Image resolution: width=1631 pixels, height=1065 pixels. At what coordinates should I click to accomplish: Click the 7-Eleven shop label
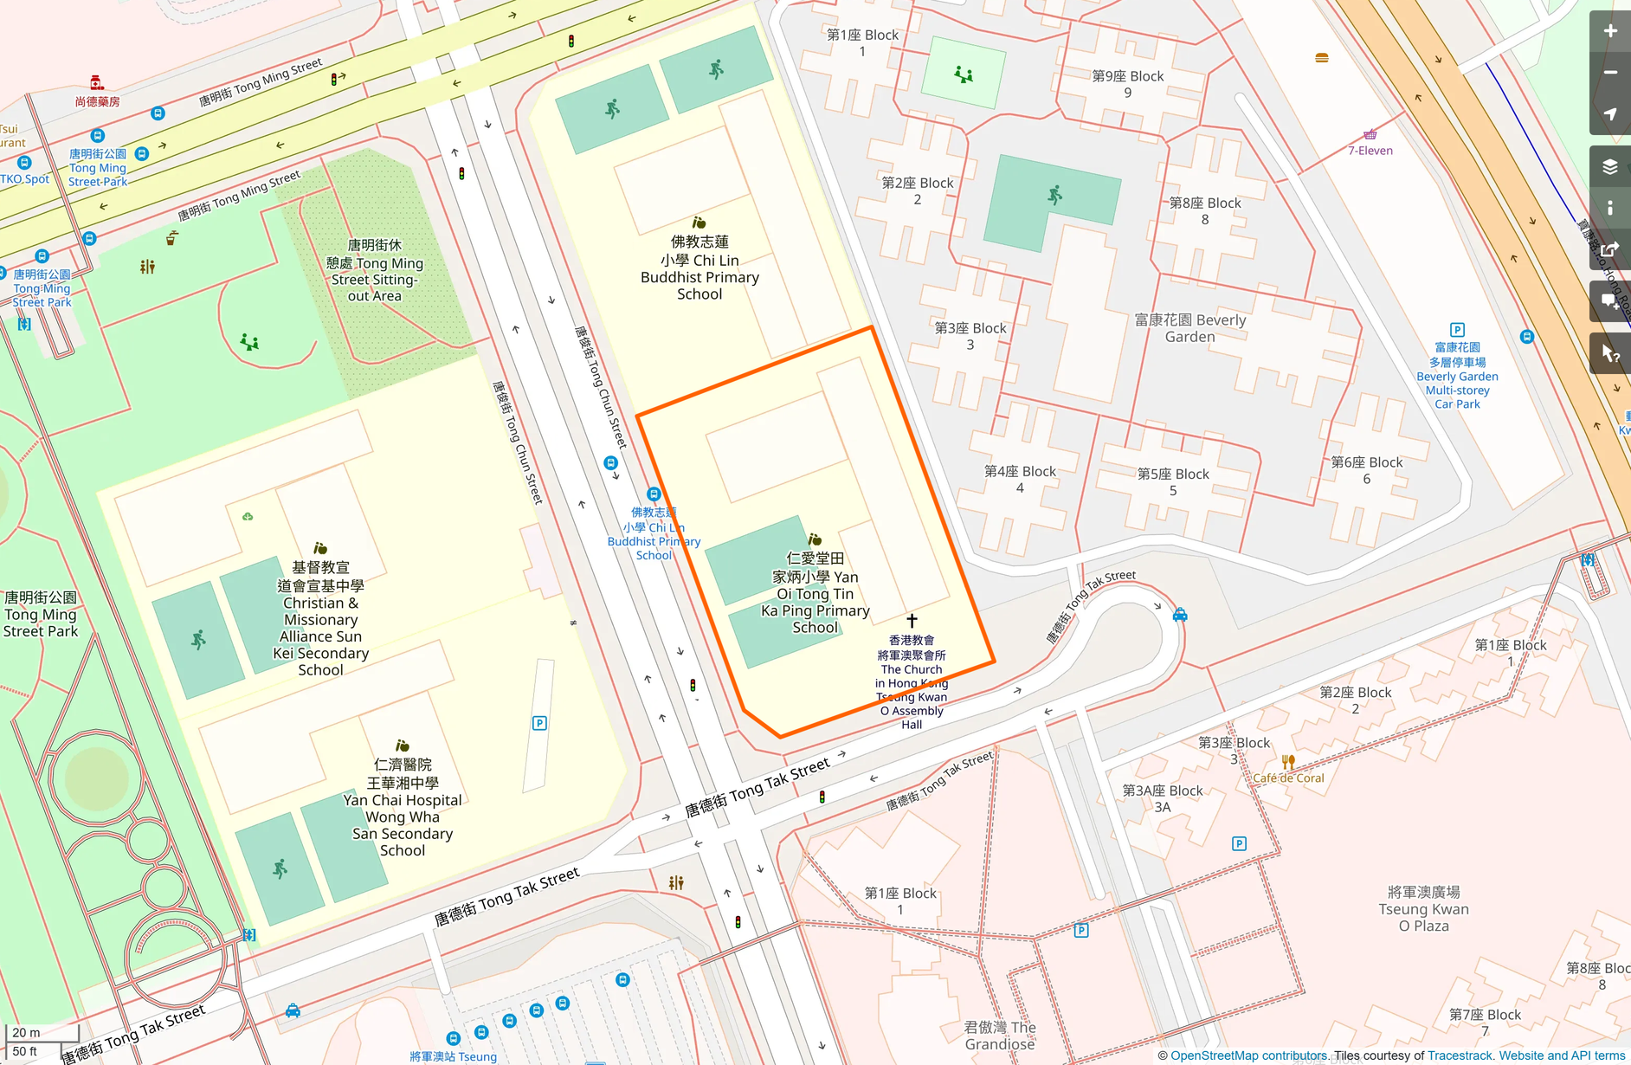point(1370,151)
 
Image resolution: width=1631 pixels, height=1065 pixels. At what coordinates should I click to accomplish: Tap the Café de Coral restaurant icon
point(1288,762)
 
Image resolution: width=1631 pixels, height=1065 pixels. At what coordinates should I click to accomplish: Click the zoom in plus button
point(1609,31)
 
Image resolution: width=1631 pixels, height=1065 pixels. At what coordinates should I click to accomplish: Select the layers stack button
point(1609,167)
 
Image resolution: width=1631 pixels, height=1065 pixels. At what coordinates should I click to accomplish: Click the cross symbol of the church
point(912,621)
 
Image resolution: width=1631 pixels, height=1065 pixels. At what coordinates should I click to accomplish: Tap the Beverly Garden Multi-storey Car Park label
point(1457,376)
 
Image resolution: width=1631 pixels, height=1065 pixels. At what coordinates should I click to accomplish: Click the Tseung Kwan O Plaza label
point(1423,908)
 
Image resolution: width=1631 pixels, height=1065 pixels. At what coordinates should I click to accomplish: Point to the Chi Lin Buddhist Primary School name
point(699,268)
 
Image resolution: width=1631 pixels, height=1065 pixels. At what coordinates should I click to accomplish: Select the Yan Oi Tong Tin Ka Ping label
point(815,593)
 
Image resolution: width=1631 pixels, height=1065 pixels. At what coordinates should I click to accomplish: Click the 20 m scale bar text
point(26,1032)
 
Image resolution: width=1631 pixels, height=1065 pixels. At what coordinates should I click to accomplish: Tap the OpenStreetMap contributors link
point(1247,1055)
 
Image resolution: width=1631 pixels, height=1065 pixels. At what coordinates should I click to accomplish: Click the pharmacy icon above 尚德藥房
point(97,83)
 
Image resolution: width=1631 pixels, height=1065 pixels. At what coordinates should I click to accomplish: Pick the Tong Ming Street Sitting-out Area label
point(375,270)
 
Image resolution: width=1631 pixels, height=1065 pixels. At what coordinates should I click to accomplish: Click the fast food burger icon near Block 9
point(1321,58)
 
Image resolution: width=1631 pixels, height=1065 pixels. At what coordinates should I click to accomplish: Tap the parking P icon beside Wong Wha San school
point(539,723)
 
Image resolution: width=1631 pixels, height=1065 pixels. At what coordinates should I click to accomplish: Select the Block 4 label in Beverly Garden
point(1020,479)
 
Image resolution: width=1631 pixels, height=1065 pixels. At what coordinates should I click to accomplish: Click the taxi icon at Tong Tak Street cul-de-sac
point(1179,615)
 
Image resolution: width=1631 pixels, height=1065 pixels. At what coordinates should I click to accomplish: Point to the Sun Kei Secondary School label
point(321,619)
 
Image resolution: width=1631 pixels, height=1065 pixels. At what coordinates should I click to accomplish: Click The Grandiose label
point(1000,1036)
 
